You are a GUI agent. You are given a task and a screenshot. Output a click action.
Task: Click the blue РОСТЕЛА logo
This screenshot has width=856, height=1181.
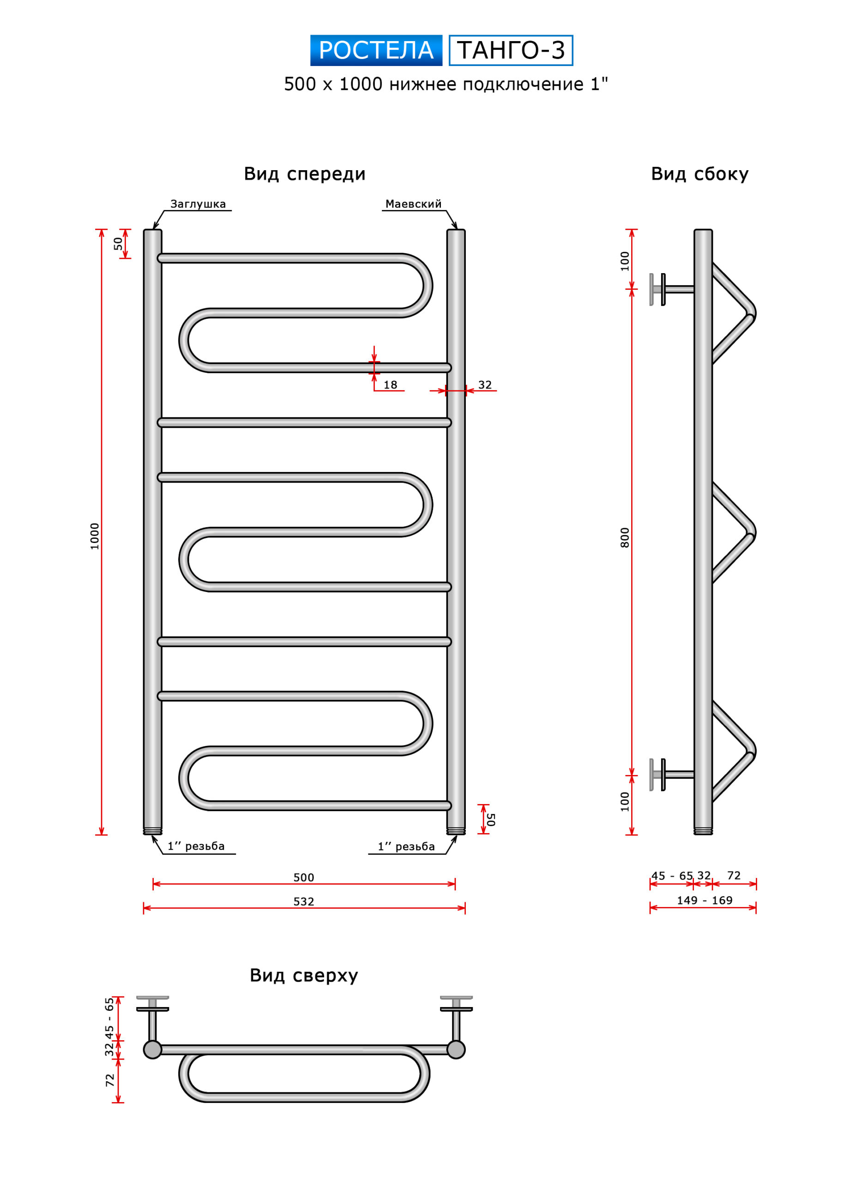point(376,50)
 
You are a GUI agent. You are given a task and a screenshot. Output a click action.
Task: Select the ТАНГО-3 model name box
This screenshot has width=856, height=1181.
point(511,50)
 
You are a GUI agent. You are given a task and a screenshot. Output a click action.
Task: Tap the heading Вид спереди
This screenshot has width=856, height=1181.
point(304,174)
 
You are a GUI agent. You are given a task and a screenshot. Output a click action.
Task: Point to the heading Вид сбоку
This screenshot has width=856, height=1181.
point(699,174)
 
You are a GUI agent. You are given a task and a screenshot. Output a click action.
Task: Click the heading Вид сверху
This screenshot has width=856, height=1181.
point(304,975)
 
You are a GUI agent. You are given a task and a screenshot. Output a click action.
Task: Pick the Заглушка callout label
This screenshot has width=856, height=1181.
point(198,204)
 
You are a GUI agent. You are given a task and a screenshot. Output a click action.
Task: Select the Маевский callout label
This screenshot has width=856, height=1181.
point(413,204)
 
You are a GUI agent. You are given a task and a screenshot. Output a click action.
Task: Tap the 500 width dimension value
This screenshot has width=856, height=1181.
point(304,877)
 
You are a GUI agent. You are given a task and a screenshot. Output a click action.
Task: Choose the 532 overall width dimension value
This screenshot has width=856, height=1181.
point(304,901)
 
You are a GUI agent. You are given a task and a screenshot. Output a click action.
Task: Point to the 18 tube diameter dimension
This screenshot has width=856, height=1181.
point(390,385)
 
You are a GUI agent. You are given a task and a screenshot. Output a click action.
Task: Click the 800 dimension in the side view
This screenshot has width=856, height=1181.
point(625,537)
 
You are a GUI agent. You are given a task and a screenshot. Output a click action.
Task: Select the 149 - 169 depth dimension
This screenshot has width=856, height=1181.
point(705,901)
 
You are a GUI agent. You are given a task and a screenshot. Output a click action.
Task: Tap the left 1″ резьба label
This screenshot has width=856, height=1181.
point(196,846)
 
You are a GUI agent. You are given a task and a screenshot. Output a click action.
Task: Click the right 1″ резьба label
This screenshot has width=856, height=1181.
point(406,847)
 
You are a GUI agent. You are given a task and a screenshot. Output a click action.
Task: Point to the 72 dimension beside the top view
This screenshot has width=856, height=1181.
point(110,1080)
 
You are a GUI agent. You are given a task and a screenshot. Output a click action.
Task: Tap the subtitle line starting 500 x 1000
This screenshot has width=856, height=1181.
point(446,84)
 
